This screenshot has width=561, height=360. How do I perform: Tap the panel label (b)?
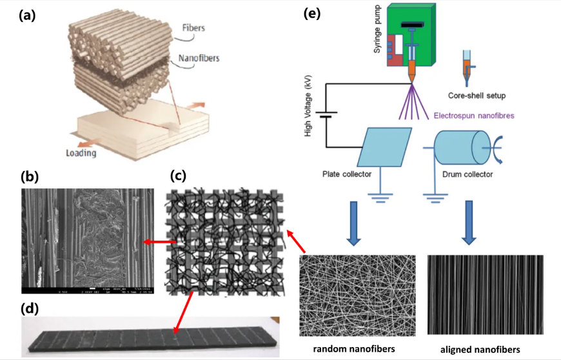(x=31, y=176)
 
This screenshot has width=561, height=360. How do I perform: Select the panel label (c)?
(x=179, y=175)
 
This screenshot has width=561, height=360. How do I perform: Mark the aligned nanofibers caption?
(x=475, y=350)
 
